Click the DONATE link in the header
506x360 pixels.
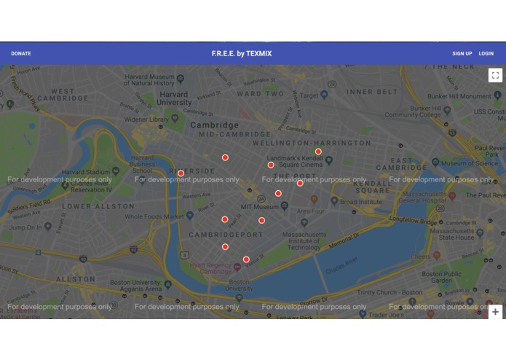[21, 53]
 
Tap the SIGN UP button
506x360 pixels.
[462, 53]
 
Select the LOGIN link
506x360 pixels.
[486, 53]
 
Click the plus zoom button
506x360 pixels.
[495, 312]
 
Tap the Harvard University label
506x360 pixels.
[175, 98]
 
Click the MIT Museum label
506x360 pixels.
[260, 207]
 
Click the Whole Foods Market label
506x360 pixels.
[154, 216]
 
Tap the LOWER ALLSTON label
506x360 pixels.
[87, 207]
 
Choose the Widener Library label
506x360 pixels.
[146, 119]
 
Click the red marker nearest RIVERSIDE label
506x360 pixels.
[181, 173]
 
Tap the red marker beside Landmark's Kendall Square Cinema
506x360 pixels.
[271, 165]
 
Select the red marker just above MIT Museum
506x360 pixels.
[278, 193]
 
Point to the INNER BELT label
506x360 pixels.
[372, 92]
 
